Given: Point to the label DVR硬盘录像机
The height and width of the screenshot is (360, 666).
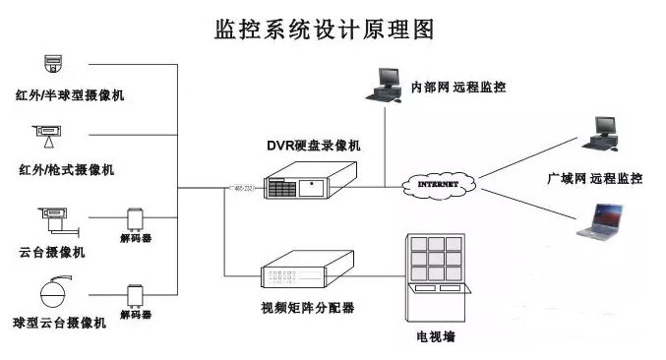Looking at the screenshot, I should pyautogui.click(x=314, y=145).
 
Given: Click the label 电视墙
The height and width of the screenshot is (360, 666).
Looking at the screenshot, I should pyautogui.click(x=436, y=339).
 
